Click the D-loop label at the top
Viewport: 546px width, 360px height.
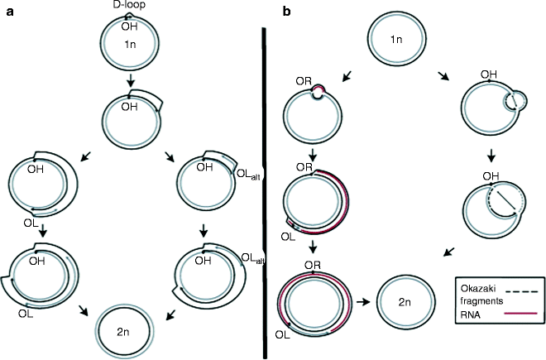[132, 6]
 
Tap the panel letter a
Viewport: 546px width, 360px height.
[8, 11]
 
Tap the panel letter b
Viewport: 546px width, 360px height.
[286, 11]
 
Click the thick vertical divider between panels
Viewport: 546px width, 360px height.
[266, 190]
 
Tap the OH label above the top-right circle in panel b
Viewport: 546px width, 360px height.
[489, 75]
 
